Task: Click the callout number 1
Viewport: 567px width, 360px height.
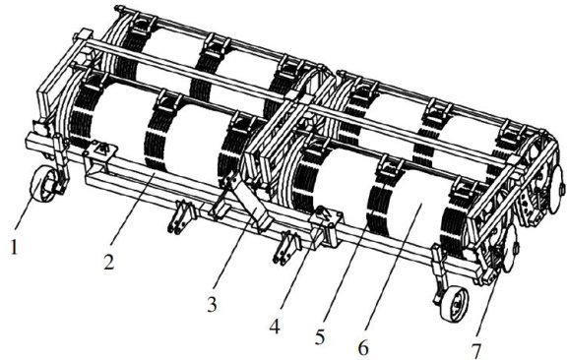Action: tap(14, 248)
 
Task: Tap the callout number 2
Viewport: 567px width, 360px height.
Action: tap(109, 262)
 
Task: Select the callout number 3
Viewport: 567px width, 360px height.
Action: tap(212, 305)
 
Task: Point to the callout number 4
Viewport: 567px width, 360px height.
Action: tap(275, 328)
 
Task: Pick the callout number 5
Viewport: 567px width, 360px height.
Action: tap(320, 337)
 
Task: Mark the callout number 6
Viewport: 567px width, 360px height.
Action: tap(363, 348)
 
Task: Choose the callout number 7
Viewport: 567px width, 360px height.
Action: tap(476, 351)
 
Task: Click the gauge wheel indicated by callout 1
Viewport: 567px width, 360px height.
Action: tap(42, 184)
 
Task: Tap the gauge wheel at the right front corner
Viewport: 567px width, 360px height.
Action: tap(454, 304)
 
